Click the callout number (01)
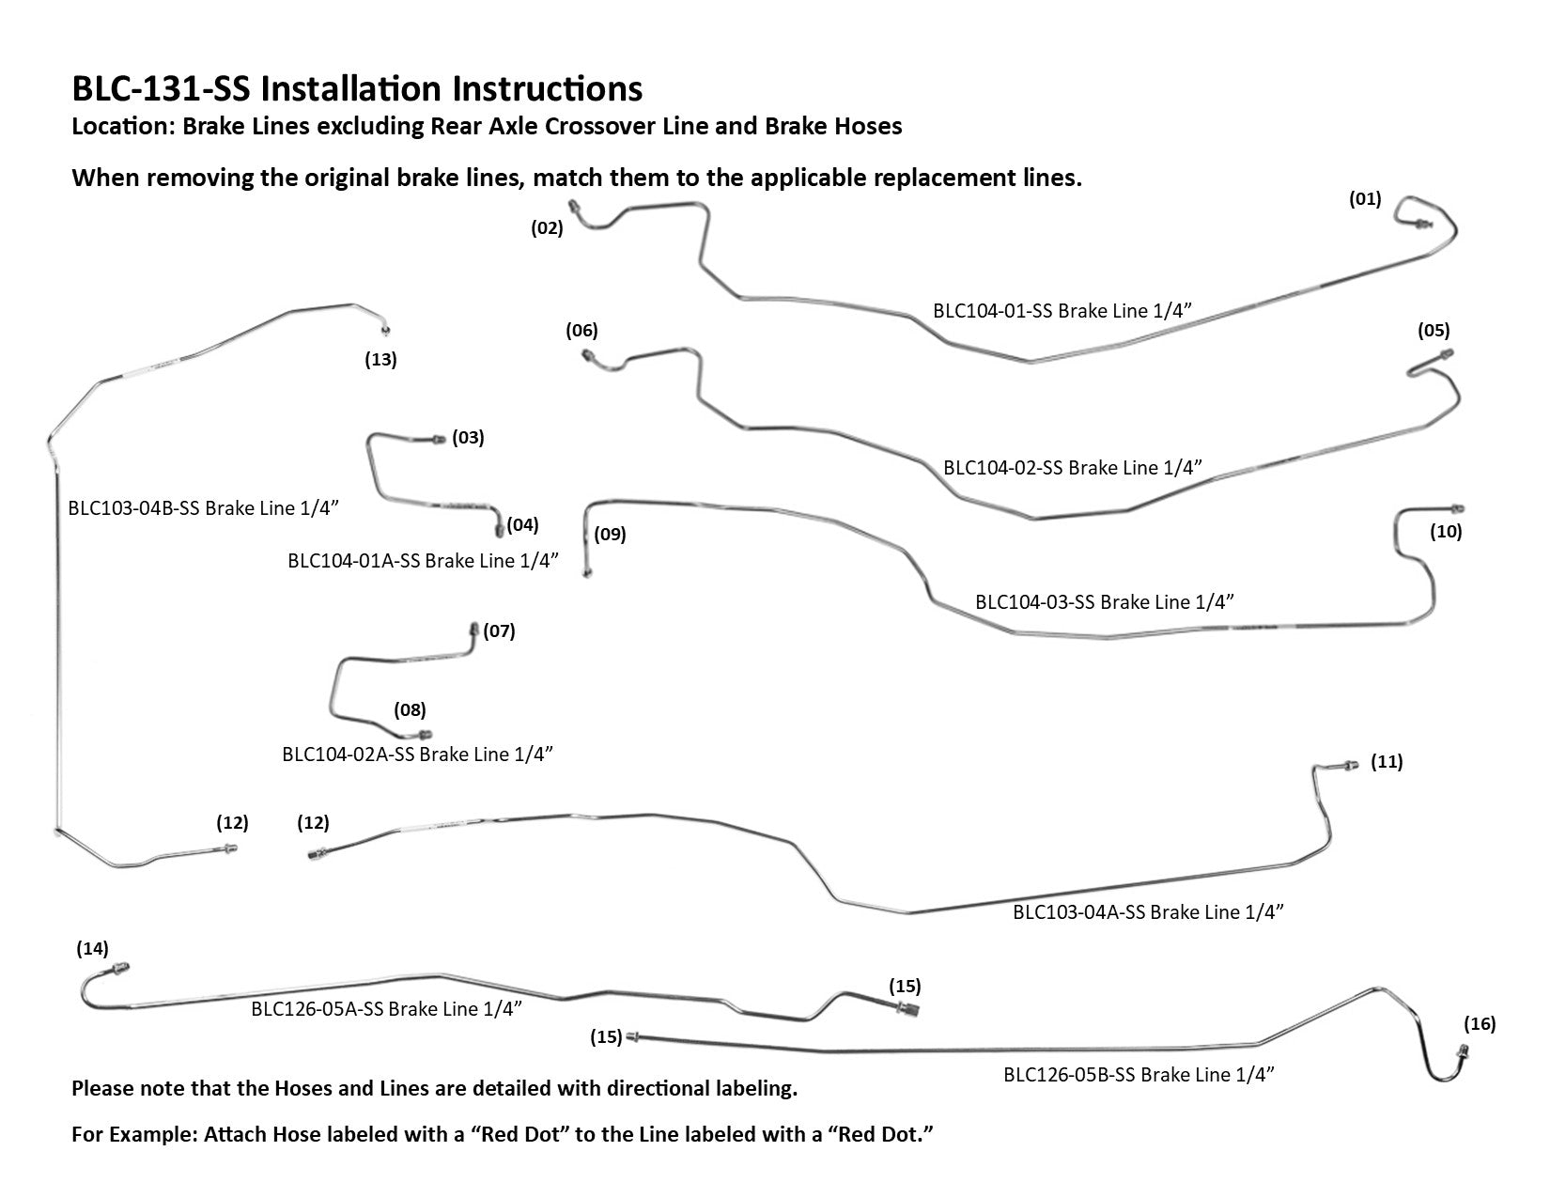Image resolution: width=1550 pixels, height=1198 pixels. pyautogui.click(x=1365, y=199)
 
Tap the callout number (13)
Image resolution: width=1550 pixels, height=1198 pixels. pyautogui.click(x=380, y=359)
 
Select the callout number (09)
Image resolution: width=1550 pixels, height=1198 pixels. pyautogui.click(x=610, y=535)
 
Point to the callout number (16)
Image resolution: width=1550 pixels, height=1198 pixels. pyautogui.click(x=1480, y=1023)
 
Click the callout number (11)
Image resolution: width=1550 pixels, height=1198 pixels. pyautogui.click(x=1387, y=762)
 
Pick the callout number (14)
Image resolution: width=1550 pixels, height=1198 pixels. pyautogui.click(x=93, y=949)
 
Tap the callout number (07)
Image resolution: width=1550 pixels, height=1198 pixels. pyautogui.click(x=499, y=630)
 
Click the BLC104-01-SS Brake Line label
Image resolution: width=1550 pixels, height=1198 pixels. pyautogui.click(x=1067, y=311)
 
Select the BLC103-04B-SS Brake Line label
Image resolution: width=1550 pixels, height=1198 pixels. pyautogui.click(x=203, y=508)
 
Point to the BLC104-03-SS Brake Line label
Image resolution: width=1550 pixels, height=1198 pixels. pyautogui.click(x=1104, y=601)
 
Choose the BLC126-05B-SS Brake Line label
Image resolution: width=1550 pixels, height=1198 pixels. pyautogui.click(x=1139, y=1074)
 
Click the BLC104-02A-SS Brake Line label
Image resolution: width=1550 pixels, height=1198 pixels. pyautogui.click(x=417, y=754)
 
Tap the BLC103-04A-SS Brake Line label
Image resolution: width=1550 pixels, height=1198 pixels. pyautogui.click(x=1148, y=911)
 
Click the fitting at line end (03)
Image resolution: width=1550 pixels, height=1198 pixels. pyautogui.click(x=438, y=439)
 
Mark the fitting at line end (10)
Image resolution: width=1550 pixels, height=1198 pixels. pyautogui.click(x=1457, y=507)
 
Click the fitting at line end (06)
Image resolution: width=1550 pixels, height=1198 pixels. pyautogui.click(x=588, y=354)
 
